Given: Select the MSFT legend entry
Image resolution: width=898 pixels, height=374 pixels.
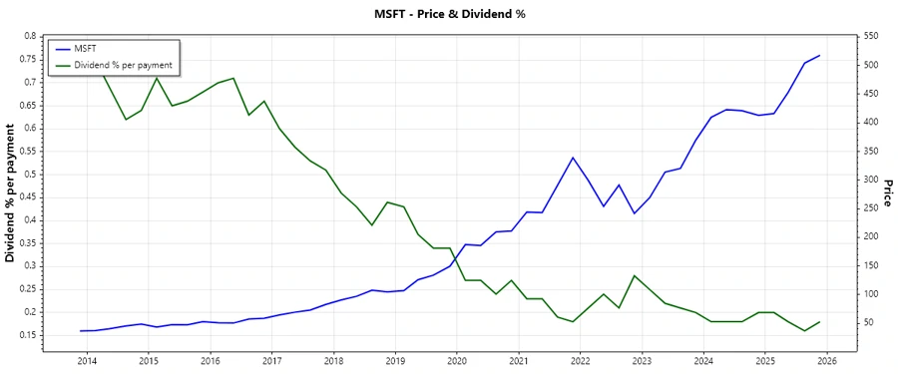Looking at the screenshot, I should point(85,49).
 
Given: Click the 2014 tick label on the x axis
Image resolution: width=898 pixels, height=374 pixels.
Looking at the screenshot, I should point(87,361).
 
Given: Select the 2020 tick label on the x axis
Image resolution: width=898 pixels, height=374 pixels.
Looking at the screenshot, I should point(457,361).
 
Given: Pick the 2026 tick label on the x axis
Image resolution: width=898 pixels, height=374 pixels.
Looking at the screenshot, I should point(826,361).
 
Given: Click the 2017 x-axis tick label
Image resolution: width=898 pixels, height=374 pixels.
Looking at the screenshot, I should point(271,361).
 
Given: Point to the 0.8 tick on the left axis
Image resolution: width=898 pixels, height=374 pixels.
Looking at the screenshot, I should point(30,36).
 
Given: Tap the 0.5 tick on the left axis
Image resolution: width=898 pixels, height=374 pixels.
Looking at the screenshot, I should point(30,174).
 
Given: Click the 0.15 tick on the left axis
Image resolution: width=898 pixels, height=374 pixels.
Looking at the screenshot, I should point(27,334).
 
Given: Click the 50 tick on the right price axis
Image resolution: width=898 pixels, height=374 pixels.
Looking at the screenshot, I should point(867,322).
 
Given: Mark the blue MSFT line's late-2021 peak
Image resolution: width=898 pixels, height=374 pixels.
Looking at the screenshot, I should point(573,158).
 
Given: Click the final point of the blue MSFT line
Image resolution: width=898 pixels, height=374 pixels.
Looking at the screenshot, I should point(820,56).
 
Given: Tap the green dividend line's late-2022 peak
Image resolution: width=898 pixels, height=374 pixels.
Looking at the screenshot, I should point(635,275).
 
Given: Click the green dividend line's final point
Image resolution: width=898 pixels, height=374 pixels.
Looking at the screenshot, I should point(820,321).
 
